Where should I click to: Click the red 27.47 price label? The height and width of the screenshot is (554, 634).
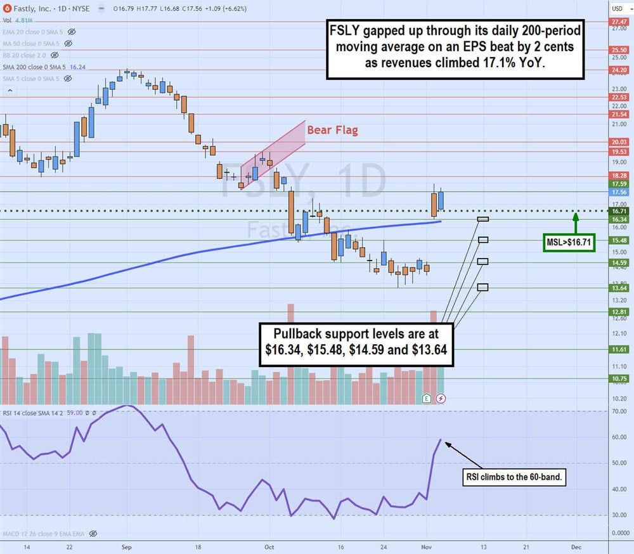(x=619, y=22)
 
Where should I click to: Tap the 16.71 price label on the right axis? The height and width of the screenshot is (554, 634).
(x=619, y=210)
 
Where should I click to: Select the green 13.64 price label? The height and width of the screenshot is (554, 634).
(x=619, y=288)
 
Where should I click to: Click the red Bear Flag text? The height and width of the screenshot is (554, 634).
(x=332, y=131)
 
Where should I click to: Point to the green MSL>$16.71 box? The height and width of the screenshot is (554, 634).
(x=569, y=242)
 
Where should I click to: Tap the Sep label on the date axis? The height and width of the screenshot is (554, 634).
(x=126, y=546)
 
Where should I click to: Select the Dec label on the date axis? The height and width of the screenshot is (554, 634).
(x=576, y=546)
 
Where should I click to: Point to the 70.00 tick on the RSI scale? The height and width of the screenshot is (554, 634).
(x=619, y=411)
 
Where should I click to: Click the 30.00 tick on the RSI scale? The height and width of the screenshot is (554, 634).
(x=619, y=515)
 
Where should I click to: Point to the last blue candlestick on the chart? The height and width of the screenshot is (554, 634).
(x=441, y=200)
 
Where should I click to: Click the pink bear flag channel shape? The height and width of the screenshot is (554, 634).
(x=273, y=152)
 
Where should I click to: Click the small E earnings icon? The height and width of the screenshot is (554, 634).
(x=427, y=398)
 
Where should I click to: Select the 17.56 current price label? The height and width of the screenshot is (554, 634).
(x=619, y=192)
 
